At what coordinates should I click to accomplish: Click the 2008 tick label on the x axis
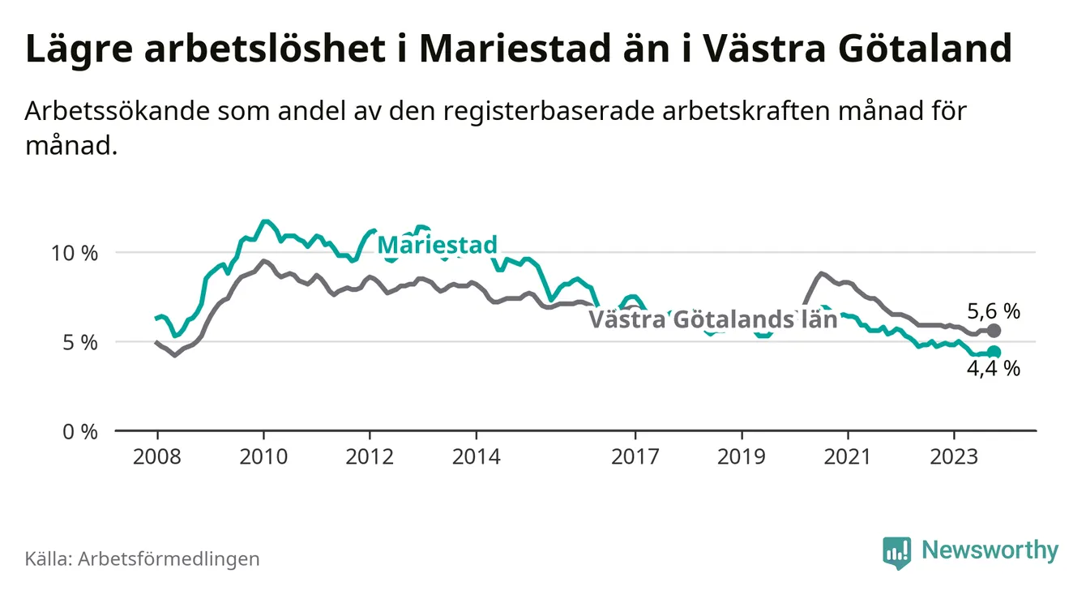point(156,456)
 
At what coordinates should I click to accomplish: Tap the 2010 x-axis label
point(263,456)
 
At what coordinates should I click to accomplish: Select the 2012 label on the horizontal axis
point(370,456)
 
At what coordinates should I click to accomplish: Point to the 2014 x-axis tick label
point(477,456)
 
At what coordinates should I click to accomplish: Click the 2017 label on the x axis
point(635,456)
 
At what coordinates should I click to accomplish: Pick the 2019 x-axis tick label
point(742,456)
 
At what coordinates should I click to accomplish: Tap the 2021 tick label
point(848,456)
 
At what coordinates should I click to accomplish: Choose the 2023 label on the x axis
point(954,456)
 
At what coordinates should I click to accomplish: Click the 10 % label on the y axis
point(75,253)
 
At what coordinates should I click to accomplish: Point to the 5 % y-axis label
point(81,342)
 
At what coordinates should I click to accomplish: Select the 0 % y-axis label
point(81,431)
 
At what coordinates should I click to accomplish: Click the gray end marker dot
point(994,331)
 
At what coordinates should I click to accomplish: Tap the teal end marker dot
point(994,352)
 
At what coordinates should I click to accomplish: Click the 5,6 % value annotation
point(994,310)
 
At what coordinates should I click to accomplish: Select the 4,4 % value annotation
point(994,370)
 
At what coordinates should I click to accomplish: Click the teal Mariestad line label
point(437,245)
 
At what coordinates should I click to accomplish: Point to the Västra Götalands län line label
point(712,319)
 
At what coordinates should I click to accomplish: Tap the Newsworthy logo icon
point(897,552)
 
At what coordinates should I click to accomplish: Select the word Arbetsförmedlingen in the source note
point(169,559)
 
